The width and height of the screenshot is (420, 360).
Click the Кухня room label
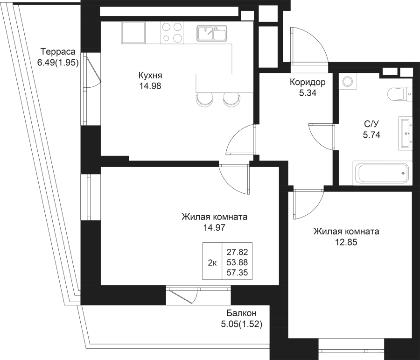tap(150, 76)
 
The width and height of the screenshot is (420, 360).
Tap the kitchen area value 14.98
tap(150, 86)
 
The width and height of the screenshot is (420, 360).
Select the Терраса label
tap(58, 52)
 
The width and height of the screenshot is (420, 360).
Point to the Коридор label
tap(308, 82)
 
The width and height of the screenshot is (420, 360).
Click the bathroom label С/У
tap(371, 124)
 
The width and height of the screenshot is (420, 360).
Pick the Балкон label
tap(242, 313)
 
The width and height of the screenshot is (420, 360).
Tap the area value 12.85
tap(346, 242)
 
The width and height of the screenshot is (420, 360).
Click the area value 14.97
tap(214, 228)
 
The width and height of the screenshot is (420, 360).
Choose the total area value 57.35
tap(238, 273)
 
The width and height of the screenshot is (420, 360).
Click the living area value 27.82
tap(238, 252)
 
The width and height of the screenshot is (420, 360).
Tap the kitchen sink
tap(212, 33)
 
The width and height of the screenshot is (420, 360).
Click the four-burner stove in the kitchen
tap(172, 33)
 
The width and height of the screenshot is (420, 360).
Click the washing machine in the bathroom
tap(348, 82)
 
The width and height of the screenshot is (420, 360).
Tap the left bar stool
tap(205, 99)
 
